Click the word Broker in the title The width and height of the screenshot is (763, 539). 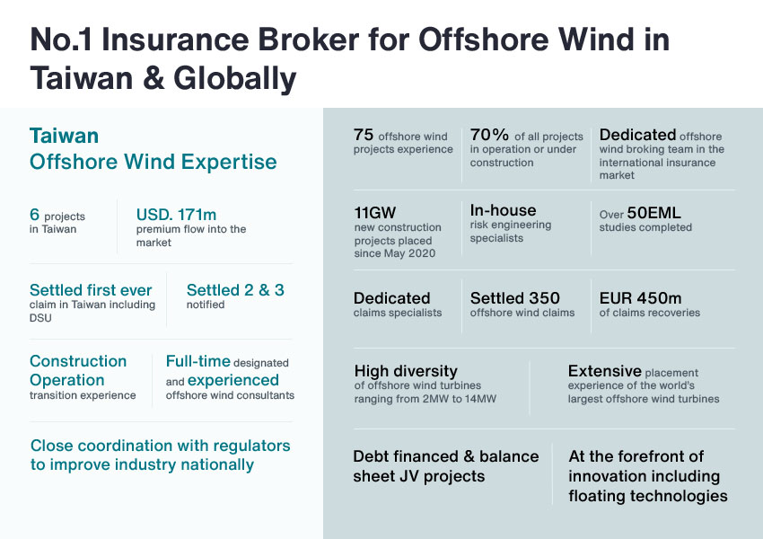tap(309, 39)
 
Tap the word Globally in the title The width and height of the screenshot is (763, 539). tap(234, 79)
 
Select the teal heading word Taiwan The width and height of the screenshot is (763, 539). tap(64, 136)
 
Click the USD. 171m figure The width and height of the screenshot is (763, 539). tap(176, 215)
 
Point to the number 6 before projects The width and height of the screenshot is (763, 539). tap(34, 215)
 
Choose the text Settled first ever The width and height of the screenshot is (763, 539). tap(91, 290)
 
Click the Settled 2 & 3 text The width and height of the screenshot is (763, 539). tap(235, 290)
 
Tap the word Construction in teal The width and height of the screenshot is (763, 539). tap(78, 361)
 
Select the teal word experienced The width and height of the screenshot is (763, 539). tap(233, 381)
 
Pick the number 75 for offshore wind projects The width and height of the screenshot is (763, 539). tap(364, 135)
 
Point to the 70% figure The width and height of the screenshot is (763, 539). tap(489, 135)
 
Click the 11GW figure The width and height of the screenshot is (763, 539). tap(374, 213)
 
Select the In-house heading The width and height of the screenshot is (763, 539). tap(503, 210)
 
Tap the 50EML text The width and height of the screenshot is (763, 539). tap(653, 213)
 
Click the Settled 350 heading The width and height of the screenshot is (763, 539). tap(515, 298)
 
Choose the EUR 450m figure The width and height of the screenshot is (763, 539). tap(640, 298)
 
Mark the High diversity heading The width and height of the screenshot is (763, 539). tap(406, 372)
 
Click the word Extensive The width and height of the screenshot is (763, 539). tap(605, 371)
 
